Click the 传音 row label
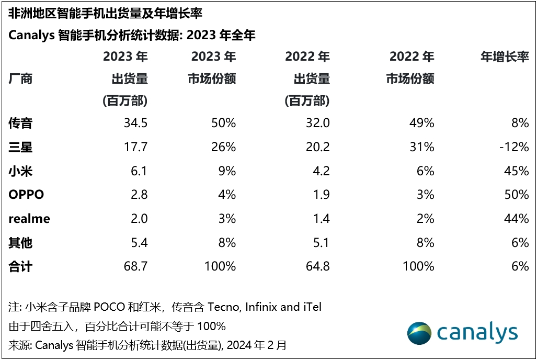click(x=20, y=123)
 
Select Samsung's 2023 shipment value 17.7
click(x=136, y=147)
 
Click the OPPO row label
click(x=26, y=195)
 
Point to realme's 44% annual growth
click(x=517, y=219)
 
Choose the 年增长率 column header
click(x=505, y=57)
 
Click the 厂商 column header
click(x=20, y=79)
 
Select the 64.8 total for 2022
click(x=318, y=266)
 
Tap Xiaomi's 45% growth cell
click(x=517, y=171)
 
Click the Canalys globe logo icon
click(x=420, y=333)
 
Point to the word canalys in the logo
click(x=477, y=333)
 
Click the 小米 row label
click(x=20, y=171)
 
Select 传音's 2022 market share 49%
click(x=422, y=123)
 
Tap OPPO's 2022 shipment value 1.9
click(x=321, y=195)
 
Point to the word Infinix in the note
click(x=260, y=307)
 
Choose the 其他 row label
click(x=20, y=243)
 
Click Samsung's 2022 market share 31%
click(x=422, y=147)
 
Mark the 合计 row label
click(x=20, y=266)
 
